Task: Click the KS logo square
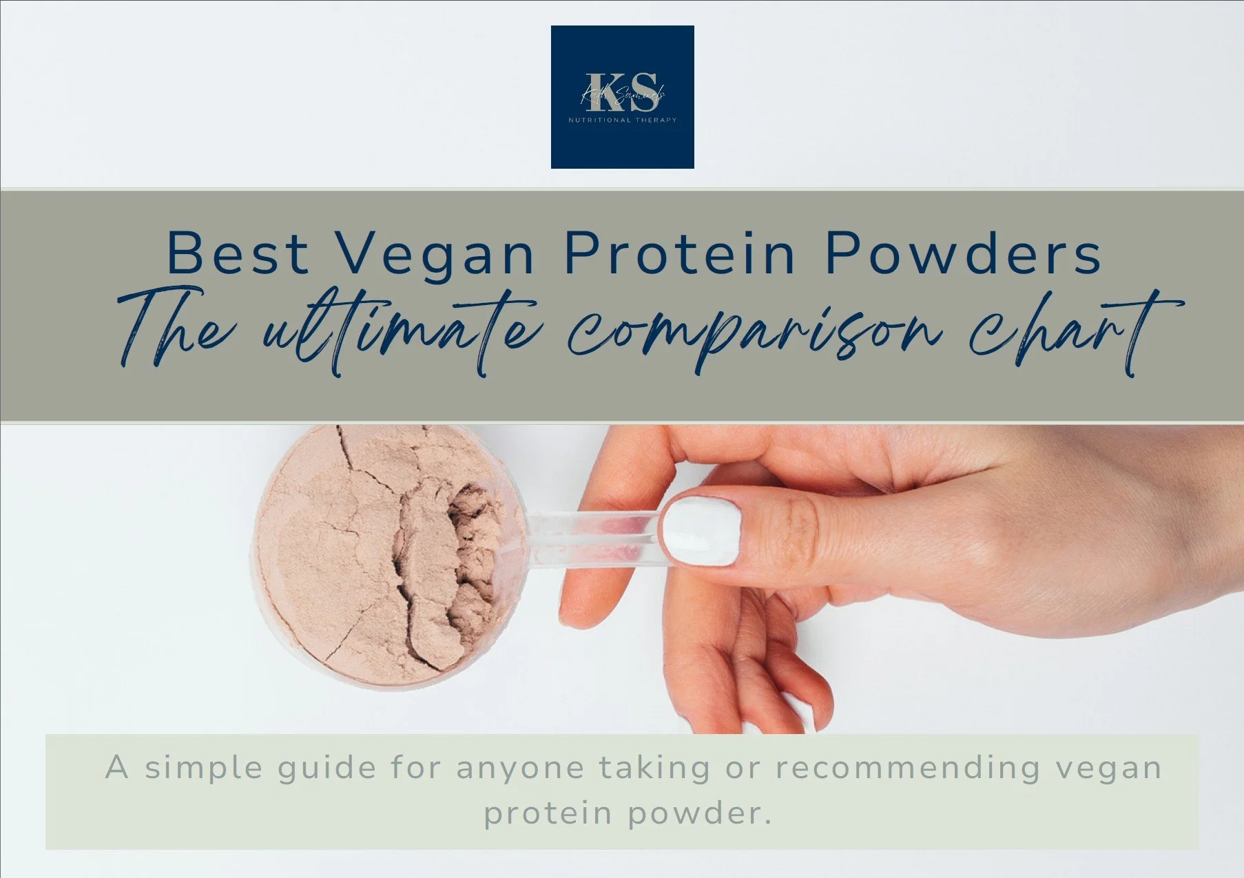[622, 96]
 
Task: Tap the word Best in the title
[238, 254]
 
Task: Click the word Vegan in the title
[435, 254]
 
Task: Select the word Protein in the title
[680, 254]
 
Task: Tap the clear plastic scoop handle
[592, 537]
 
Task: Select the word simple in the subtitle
[204, 767]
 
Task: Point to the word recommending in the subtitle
[907, 767]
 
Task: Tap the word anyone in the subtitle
[520, 769]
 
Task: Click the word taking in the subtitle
[654, 769]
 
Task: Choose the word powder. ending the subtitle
[699, 813]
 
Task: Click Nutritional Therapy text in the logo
[622, 120]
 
